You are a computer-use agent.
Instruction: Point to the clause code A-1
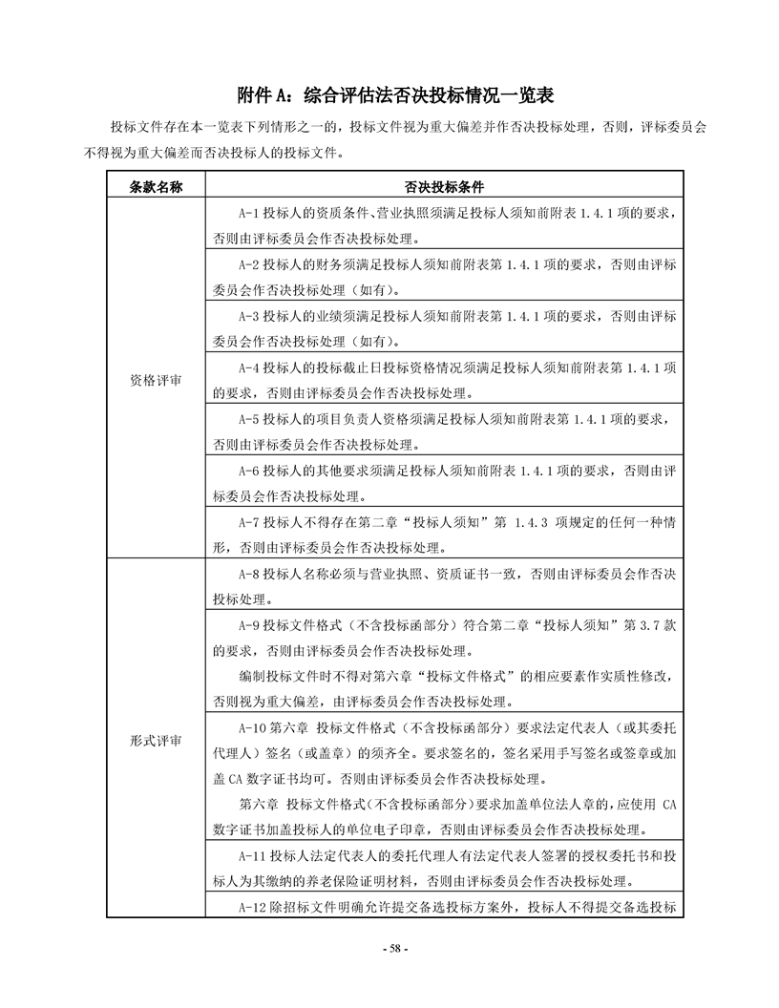pyautogui.click(x=248, y=213)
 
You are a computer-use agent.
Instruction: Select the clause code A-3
pyautogui.click(x=248, y=316)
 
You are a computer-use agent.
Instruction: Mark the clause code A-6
pyautogui.click(x=248, y=471)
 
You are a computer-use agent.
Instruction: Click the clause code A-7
pyautogui.click(x=248, y=523)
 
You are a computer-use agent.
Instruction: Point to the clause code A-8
pyautogui.click(x=248, y=575)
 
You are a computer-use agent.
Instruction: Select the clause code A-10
pyautogui.click(x=251, y=729)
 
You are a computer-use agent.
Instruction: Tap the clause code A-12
pyautogui.click(x=251, y=906)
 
